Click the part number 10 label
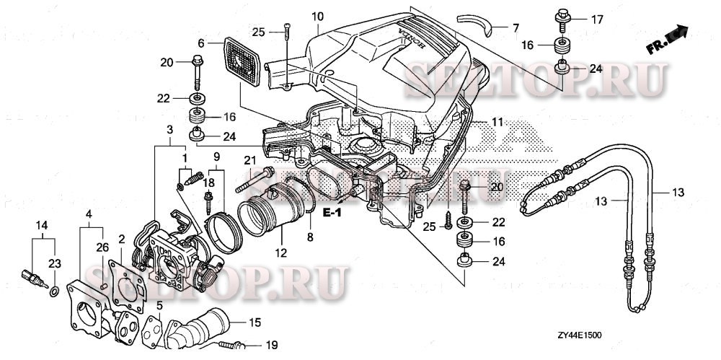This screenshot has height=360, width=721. pos(318,16)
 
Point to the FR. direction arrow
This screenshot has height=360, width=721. pos(667,40)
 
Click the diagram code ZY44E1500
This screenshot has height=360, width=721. pos(579,335)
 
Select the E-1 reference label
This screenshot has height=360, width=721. pos(332,213)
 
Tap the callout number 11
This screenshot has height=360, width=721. pos(498,123)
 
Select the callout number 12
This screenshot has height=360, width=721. pos(280,253)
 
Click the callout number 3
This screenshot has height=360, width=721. pos(169,129)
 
